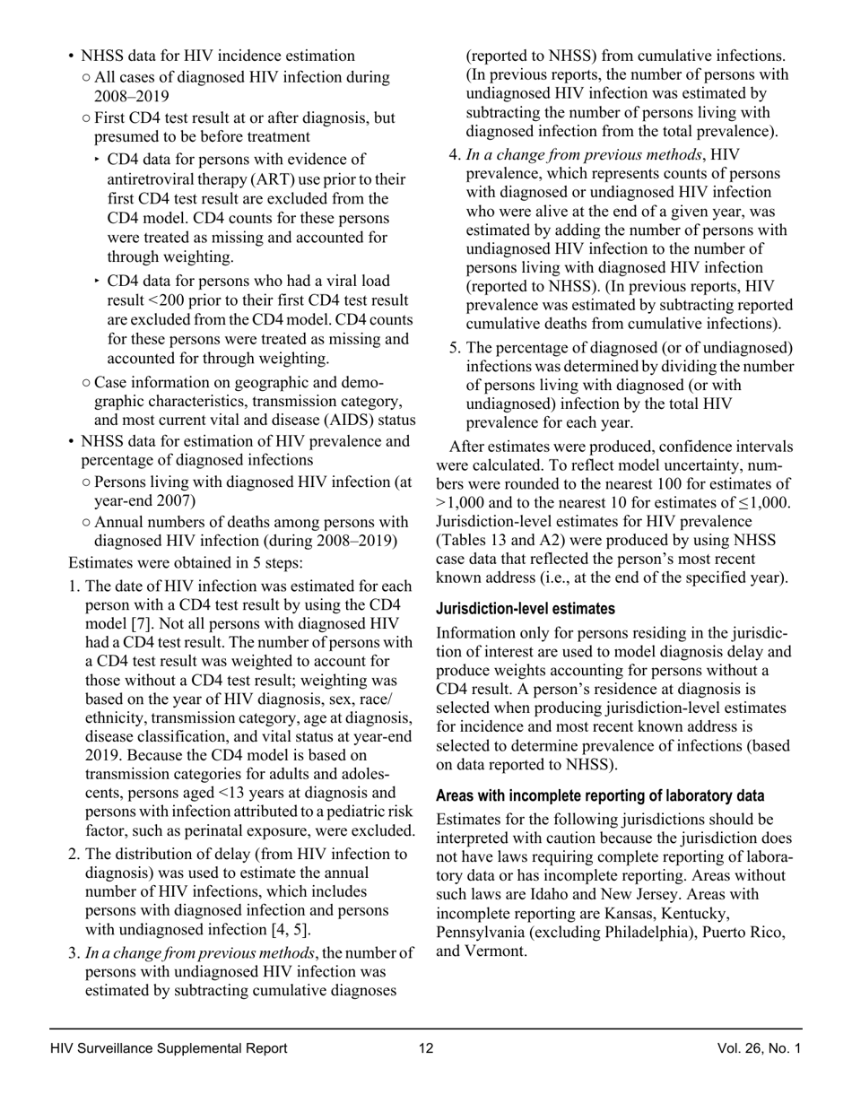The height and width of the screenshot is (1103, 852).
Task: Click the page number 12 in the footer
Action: pyautogui.click(x=426, y=1048)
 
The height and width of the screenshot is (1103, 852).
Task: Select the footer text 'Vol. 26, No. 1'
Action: pyautogui.click(x=759, y=1048)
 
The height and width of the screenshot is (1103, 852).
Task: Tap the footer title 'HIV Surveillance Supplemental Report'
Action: pyautogui.click(x=170, y=1048)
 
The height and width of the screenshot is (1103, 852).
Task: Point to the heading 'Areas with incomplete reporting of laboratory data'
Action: pyautogui.click(x=600, y=796)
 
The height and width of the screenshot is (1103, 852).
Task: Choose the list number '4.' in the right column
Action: pyautogui.click(x=454, y=154)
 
